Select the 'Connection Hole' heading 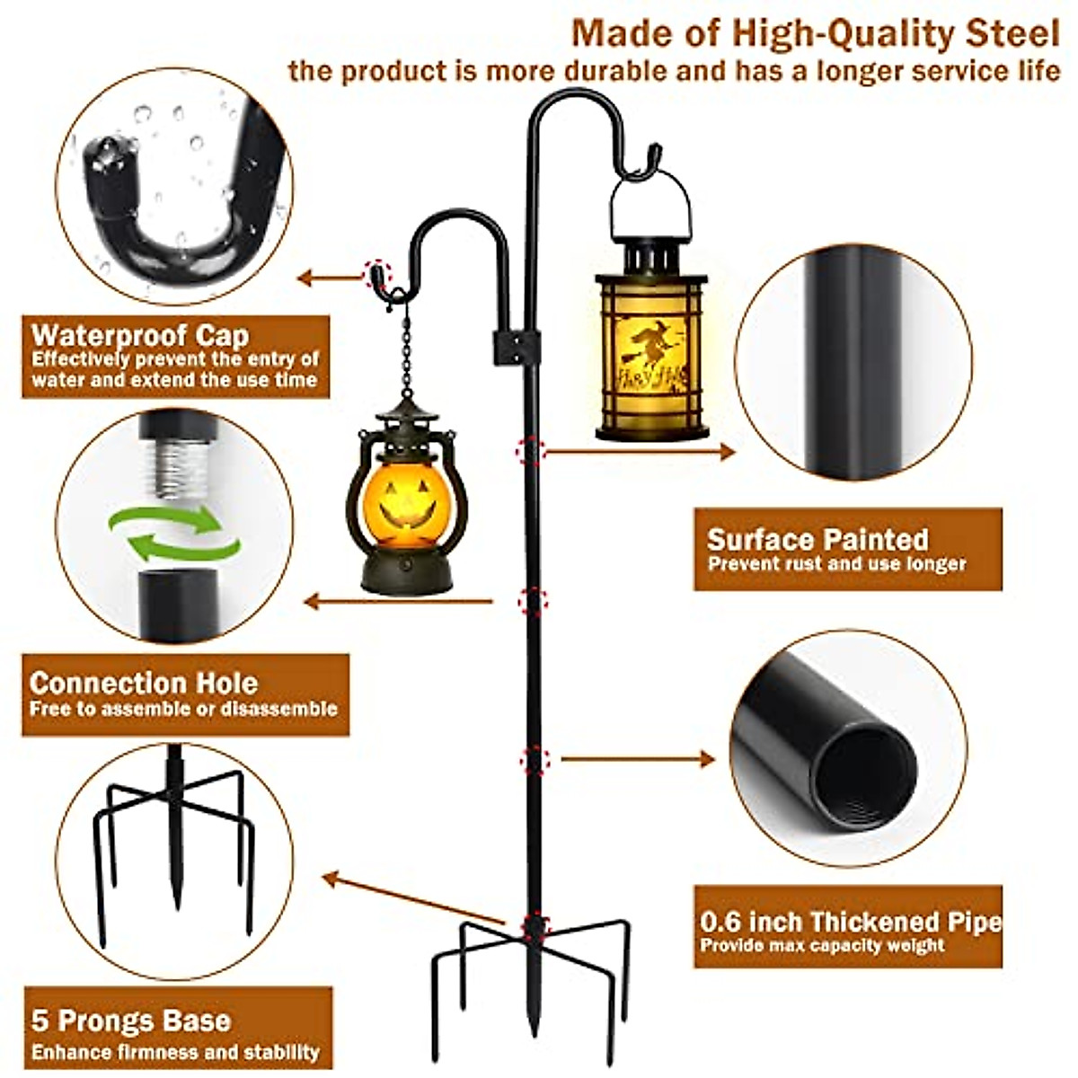point(144,683)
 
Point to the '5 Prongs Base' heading point(131,1021)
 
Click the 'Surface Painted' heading point(817,539)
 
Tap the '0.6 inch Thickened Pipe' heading point(851,922)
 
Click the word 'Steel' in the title point(1012,34)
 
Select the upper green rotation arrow point(166,518)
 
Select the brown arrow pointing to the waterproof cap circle point(328,278)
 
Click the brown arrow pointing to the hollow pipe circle point(638,760)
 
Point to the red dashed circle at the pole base point(535,924)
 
